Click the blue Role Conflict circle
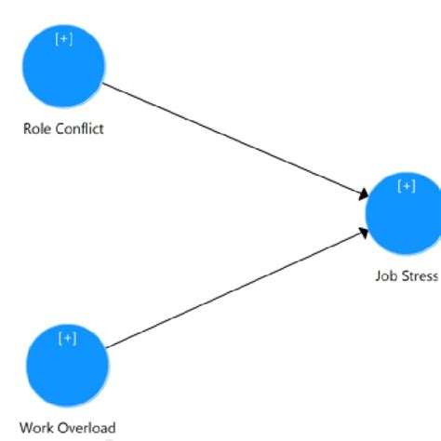pos(63,67)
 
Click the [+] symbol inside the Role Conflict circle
pos(63,40)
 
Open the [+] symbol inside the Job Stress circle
pos(407,186)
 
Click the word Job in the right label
pos(386,275)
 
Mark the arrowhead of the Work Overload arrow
pos(364,234)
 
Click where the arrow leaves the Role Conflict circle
pos(102,84)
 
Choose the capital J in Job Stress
pos(379,275)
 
